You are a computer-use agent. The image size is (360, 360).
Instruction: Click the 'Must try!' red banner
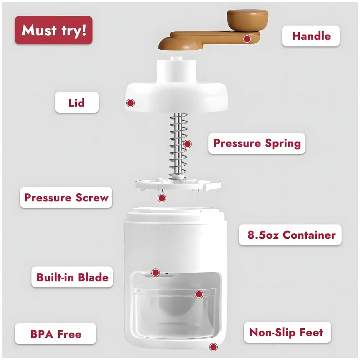(x=54, y=30)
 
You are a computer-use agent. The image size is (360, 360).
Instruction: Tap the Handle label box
(x=311, y=36)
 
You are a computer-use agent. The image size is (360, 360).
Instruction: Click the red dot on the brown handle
(x=247, y=39)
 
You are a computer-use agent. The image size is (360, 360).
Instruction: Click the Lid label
(x=77, y=103)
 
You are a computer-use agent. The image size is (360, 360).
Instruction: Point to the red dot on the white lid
(x=130, y=103)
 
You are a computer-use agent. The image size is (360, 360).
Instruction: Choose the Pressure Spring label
(x=257, y=143)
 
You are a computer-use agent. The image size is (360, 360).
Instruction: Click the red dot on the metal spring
(x=187, y=144)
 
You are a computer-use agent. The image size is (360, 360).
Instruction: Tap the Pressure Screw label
(x=66, y=198)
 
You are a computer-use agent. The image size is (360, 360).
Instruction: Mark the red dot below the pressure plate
(x=162, y=198)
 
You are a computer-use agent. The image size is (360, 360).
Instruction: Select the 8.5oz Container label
(x=290, y=235)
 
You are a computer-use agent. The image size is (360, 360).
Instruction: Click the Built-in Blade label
(x=72, y=277)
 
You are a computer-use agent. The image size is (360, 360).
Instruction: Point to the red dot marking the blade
(x=156, y=273)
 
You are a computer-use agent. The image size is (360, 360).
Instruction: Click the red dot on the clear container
(x=199, y=294)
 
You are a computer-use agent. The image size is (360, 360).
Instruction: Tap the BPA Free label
(x=56, y=334)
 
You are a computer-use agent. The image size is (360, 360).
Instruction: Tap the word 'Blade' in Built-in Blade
(x=93, y=277)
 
